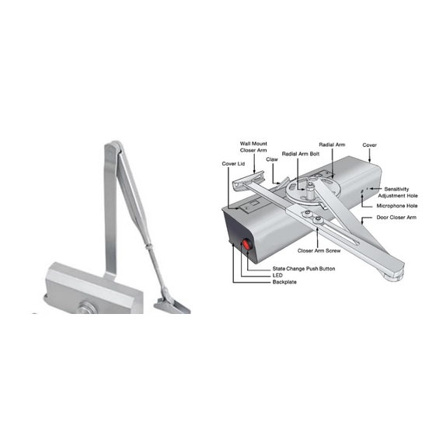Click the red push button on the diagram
[x=246, y=244]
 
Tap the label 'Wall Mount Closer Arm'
[x=253, y=147]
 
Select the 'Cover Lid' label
[x=233, y=163]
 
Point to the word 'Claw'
[x=272, y=159]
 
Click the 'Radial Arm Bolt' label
[x=301, y=154]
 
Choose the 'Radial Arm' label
[x=332, y=145]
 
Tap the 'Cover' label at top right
[x=369, y=145]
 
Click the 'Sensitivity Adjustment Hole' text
[x=397, y=193]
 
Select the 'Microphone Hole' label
[x=397, y=206]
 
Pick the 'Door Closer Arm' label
[x=396, y=218]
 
